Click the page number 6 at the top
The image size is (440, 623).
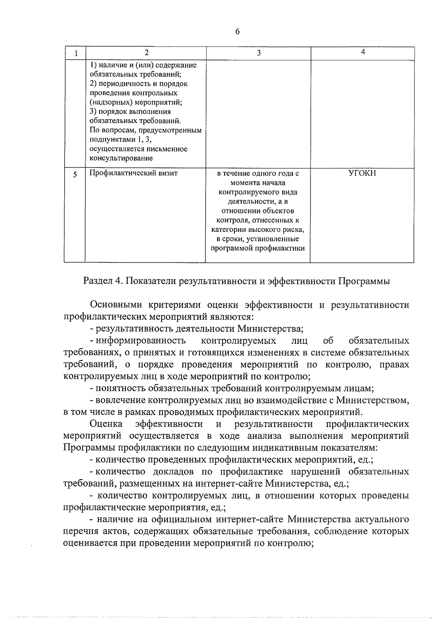237,32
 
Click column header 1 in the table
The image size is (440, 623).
76,53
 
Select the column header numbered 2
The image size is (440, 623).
146,52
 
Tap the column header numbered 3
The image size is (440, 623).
258,53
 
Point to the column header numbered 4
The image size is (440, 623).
363,52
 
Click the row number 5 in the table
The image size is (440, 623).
75,175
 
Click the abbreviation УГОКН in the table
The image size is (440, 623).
362,173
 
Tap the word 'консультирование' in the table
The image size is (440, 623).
121,159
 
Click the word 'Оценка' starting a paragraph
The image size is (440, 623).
106,424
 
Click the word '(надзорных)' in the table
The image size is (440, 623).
110,103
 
